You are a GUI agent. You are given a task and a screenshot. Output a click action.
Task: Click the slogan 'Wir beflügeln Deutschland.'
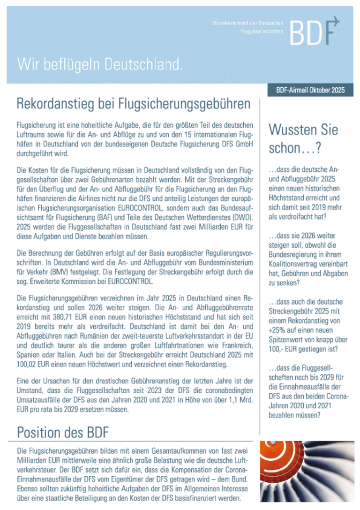(x=100, y=64)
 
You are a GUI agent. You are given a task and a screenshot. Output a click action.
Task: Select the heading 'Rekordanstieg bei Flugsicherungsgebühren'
(x=133, y=104)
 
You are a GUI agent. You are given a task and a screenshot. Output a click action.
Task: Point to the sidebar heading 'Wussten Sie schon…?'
(x=303, y=139)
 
